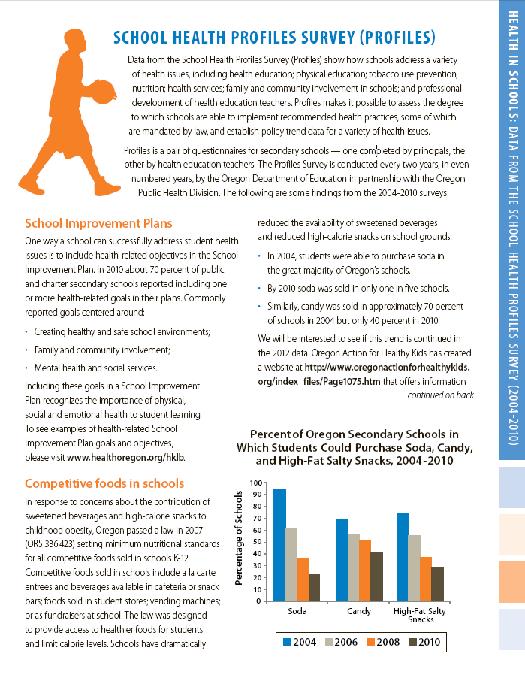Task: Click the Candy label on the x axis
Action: pos(359,611)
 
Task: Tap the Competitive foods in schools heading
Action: pos(104,483)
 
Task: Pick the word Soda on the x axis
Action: pos(297,611)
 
